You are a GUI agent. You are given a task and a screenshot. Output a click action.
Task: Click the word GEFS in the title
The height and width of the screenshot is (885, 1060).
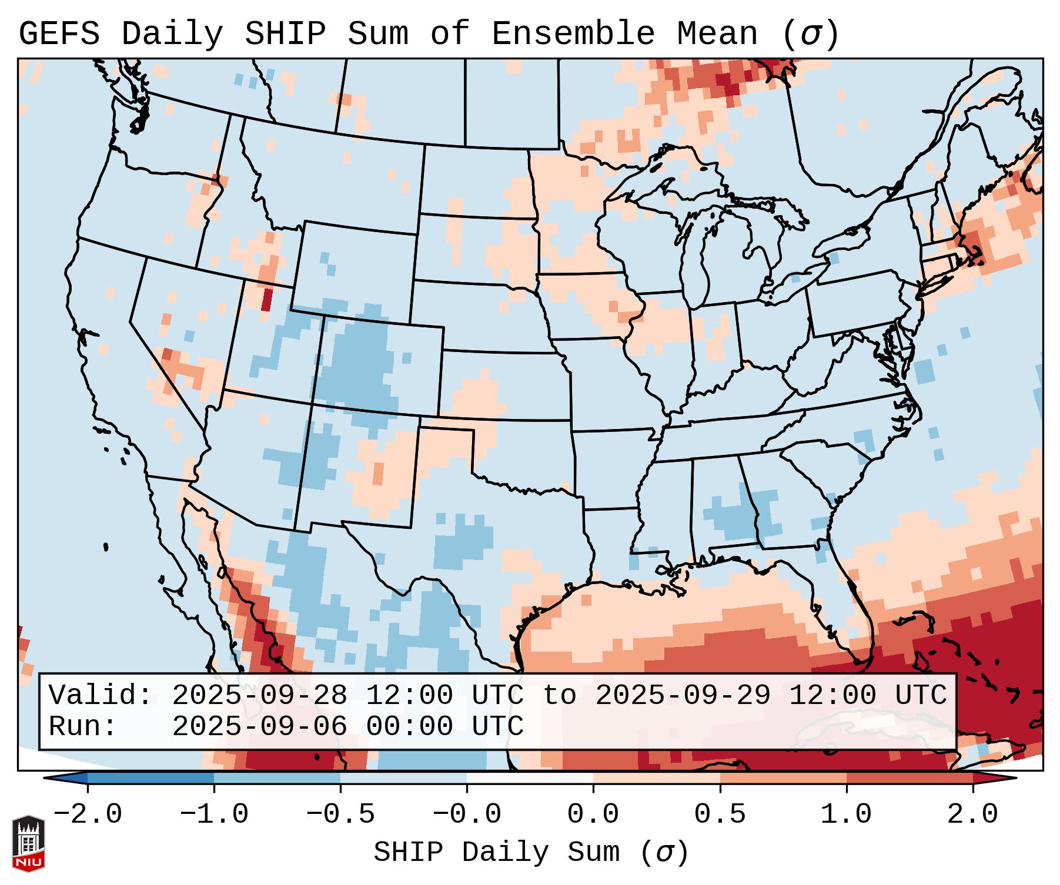[59, 34]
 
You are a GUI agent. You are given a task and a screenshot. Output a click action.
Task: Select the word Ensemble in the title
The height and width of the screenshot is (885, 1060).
[573, 34]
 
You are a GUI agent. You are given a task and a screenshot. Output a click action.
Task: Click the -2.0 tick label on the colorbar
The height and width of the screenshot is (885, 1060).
[88, 815]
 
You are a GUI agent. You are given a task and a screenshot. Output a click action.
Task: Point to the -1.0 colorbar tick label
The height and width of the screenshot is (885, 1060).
[214, 815]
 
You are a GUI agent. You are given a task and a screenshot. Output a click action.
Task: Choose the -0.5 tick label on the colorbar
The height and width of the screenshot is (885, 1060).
[340, 815]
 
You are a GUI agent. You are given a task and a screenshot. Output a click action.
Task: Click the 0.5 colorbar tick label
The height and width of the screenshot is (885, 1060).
[720, 815]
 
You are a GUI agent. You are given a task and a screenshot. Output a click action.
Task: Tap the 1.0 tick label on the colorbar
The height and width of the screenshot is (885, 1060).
[846, 815]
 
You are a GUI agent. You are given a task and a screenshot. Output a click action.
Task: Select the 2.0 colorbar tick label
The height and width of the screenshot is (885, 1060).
[972, 815]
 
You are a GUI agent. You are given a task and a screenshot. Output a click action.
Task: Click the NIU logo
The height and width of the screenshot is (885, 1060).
[28, 843]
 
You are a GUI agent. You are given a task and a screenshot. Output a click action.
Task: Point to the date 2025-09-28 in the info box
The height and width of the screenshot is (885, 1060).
[260, 696]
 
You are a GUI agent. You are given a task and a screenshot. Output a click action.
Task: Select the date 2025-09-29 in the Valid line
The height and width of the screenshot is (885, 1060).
[683, 696]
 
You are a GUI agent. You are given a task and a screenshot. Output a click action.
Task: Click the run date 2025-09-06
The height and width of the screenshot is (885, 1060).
[260, 727]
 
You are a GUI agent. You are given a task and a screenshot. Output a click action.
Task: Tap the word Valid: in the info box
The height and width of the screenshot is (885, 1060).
[101, 696]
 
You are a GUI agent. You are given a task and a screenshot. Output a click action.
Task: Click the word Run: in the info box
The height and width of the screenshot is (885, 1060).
[83, 727]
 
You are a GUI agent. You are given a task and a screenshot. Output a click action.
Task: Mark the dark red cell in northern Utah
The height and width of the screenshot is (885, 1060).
[267, 300]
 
